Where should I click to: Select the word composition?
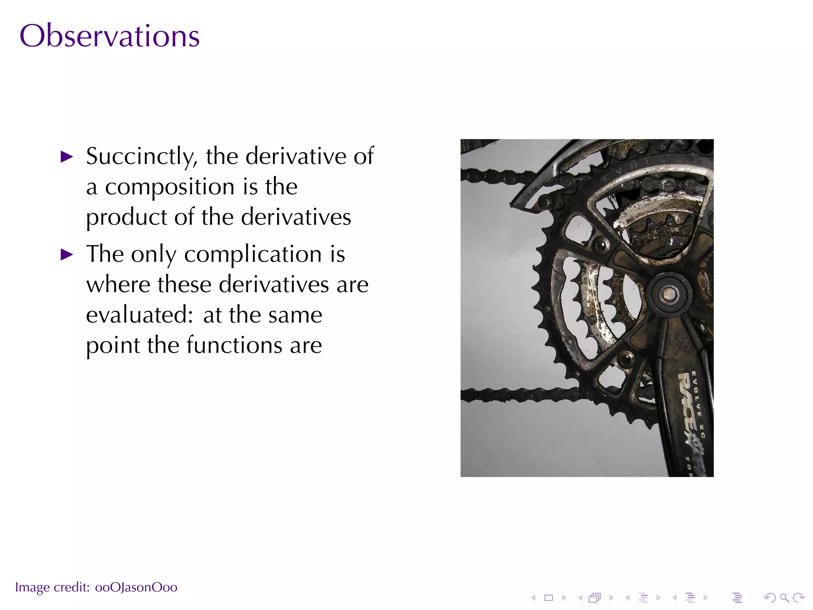coord(170,187)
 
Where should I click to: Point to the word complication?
coord(253,254)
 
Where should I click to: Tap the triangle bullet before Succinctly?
coord(67,157)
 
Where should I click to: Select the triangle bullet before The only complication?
coord(67,255)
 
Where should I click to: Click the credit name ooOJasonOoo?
coord(136,587)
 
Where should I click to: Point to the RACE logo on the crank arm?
coord(688,401)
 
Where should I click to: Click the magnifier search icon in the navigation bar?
coord(784,597)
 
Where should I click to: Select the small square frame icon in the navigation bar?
coord(549,597)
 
